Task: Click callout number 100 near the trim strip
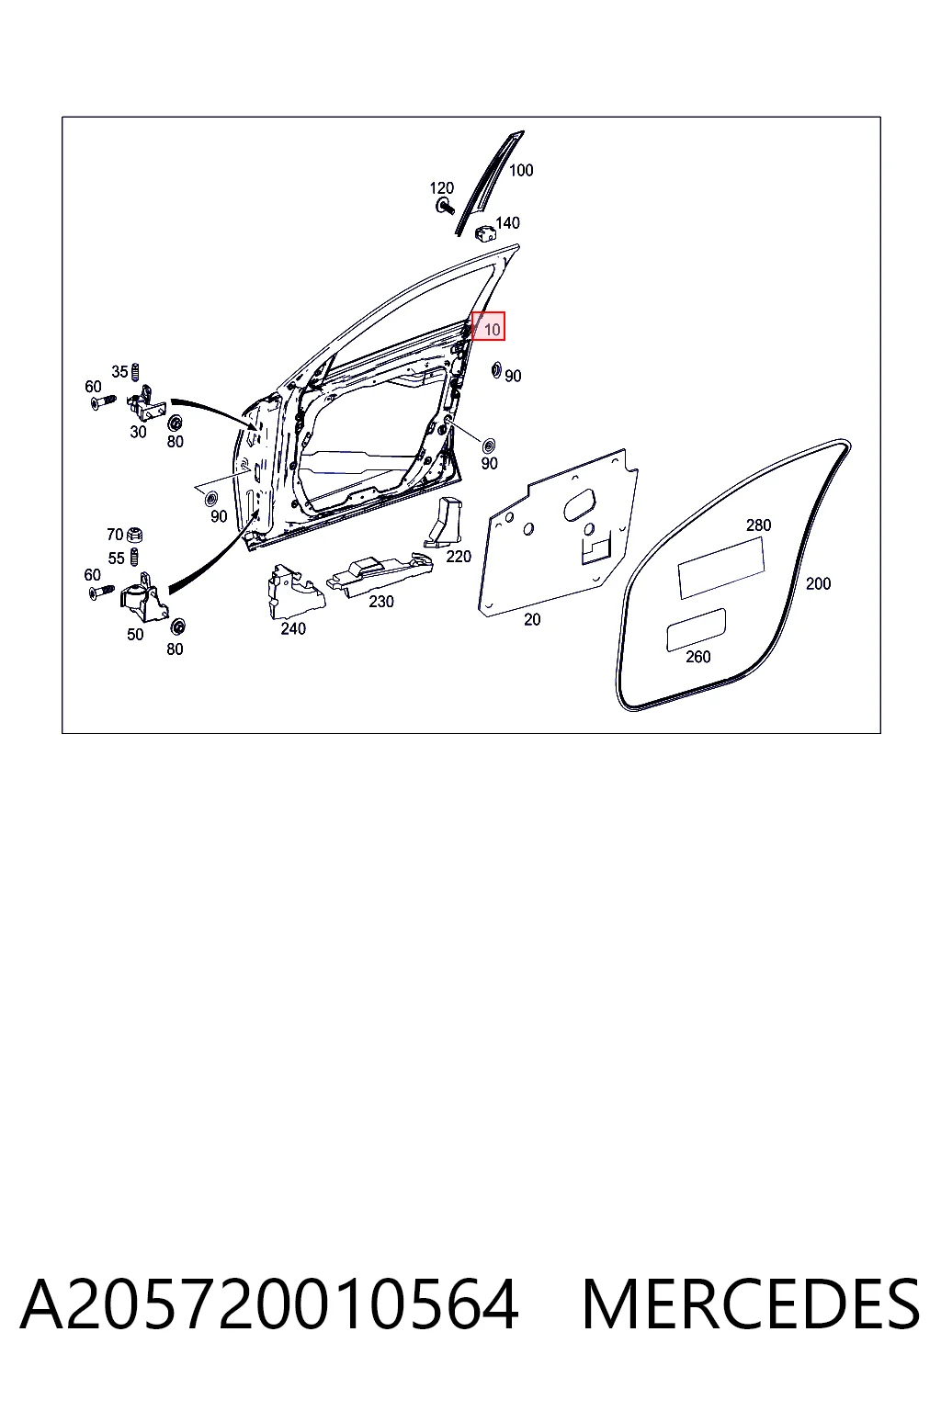521,170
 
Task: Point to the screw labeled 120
446,206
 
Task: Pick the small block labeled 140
484,231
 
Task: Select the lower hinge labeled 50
143,598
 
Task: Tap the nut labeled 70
134,536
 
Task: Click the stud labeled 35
134,373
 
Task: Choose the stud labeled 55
133,558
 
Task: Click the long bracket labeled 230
380,573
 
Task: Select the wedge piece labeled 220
445,522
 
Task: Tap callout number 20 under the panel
532,620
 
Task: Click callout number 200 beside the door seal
818,584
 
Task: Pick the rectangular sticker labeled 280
720,568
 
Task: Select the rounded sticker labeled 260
696,630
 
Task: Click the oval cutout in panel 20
580,504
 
